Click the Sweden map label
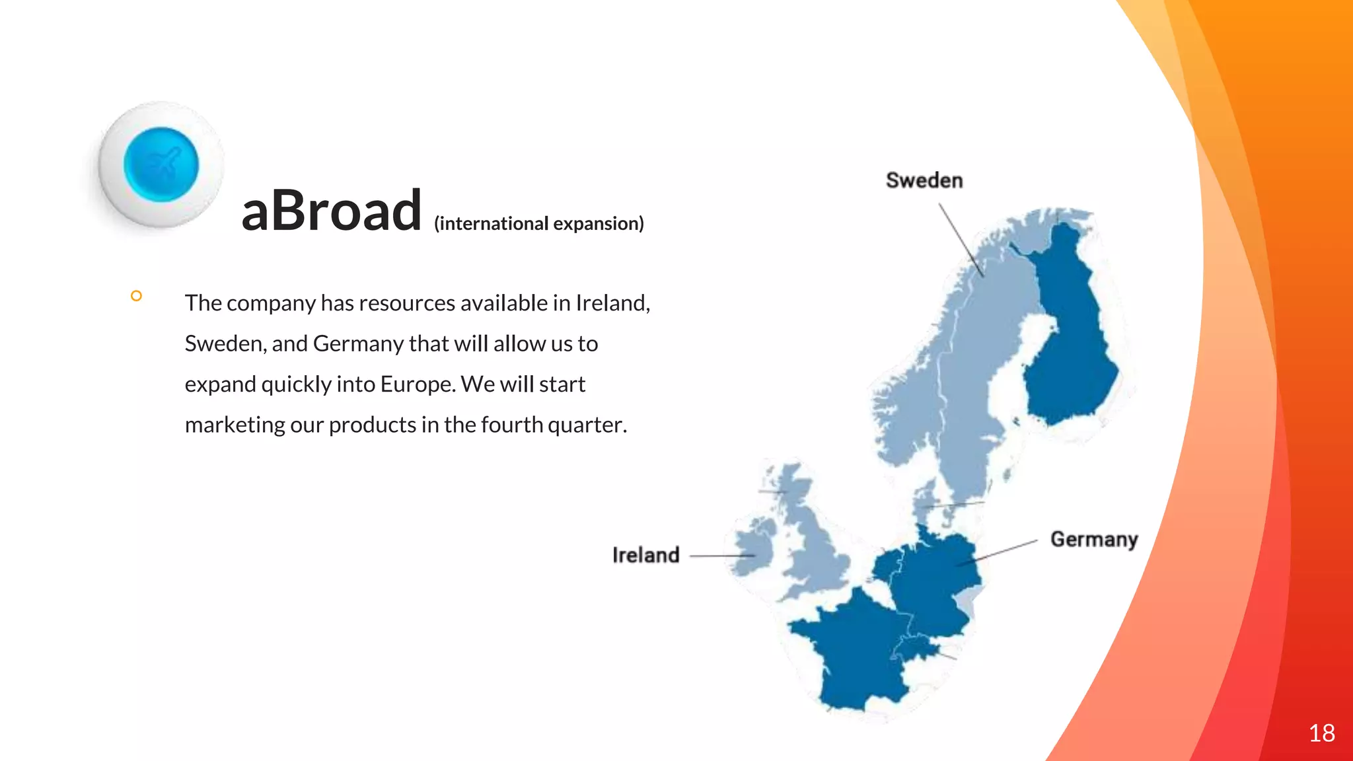tap(924, 180)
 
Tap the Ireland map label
tap(645, 555)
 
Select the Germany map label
tap(1093, 539)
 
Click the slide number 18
tap(1321, 733)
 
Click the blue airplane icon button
tap(161, 164)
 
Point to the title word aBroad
tap(331, 211)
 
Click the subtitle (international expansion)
tap(538, 223)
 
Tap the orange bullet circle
tap(136, 296)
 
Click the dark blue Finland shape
tap(1067, 330)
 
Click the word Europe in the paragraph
tap(425, 384)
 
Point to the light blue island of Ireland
tap(753, 548)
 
